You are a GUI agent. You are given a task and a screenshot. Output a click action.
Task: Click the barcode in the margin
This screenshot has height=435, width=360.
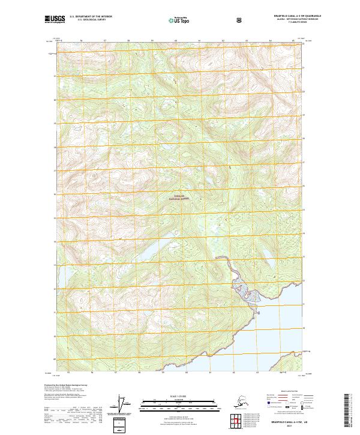click(x=350, y=410)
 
